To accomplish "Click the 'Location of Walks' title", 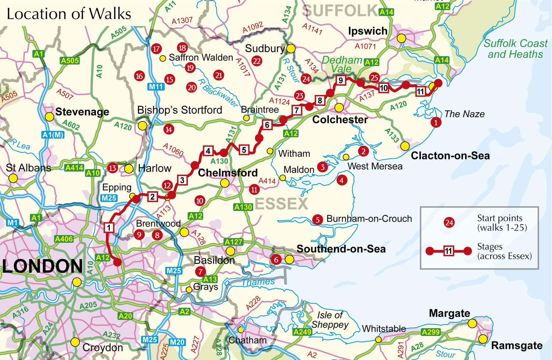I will (69, 14).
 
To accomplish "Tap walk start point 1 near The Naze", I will (436, 122).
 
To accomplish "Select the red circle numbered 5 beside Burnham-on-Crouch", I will (317, 220).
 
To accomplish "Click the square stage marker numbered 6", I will (267, 125).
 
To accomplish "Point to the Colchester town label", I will (340, 120).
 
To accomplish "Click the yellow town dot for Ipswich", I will (401, 38).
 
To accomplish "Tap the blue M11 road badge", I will (156, 87).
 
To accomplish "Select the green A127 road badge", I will (234, 242).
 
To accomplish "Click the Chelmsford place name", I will (227, 173).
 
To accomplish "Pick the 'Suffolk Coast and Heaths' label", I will (515, 49).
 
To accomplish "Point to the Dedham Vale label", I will (342, 64).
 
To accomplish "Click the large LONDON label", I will (43, 266).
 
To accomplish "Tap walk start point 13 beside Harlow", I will (112, 168).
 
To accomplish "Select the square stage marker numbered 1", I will (109, 227).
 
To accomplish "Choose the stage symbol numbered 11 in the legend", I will (448, 251).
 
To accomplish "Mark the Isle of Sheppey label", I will (330, 320).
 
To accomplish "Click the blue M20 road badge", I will (177, 342).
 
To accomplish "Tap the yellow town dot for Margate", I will (472, 324).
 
